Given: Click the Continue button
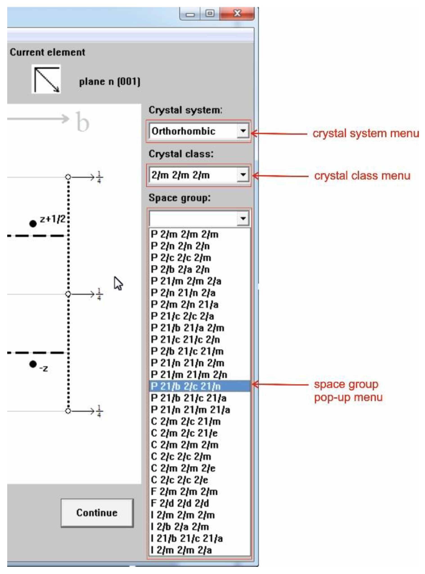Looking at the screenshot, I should pos(97,513).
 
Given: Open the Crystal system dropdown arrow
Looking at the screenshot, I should pos(243,131).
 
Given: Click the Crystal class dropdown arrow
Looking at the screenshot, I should pos(243,175).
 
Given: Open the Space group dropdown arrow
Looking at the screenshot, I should pos(243,219).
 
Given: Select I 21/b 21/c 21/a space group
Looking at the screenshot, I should pos(187,538).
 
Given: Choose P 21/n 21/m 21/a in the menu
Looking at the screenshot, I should pos(190,410).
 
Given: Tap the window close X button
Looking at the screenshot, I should pos(237,13).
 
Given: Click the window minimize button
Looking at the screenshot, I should pos(190,14).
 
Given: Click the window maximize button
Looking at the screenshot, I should pos(210,13).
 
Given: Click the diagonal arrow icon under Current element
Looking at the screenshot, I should pos(46,79).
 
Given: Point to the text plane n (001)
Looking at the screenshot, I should pos(110,82).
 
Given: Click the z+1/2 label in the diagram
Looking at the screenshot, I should pos(52,219).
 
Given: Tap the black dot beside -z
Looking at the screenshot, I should pos(33,364).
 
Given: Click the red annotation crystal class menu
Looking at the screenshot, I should pos(362,176).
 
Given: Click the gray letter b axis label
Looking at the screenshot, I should pos(83,122).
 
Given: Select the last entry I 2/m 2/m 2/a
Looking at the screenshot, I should pos(181,550).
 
